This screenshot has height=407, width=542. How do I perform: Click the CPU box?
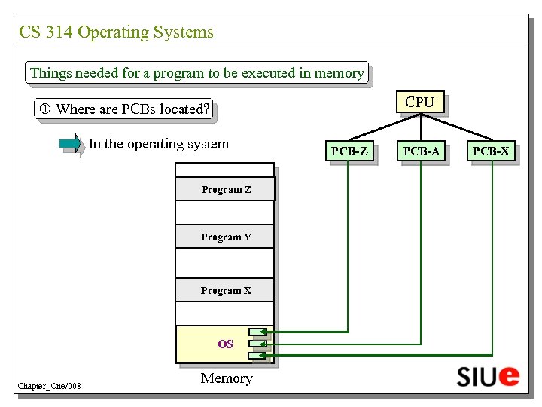(419, 103)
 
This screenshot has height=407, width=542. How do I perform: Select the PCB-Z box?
(350, 151)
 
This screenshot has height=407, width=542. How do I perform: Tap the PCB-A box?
(421, 151)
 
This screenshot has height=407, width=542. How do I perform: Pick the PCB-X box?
(491, 151)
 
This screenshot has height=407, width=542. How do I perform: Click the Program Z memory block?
(225, 189)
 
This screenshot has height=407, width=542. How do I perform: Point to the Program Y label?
(226, 237)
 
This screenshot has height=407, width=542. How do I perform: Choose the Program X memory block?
(225, 290)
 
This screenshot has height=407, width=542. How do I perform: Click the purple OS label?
(225, 344)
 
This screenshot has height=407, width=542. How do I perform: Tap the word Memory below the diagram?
(227, 378)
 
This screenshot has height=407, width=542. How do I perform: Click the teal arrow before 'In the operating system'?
(71, 143)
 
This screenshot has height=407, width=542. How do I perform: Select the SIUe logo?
(488, 375)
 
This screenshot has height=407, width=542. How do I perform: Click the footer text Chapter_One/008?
(49, 387)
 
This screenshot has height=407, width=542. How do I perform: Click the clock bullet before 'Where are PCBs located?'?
(45, 109)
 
